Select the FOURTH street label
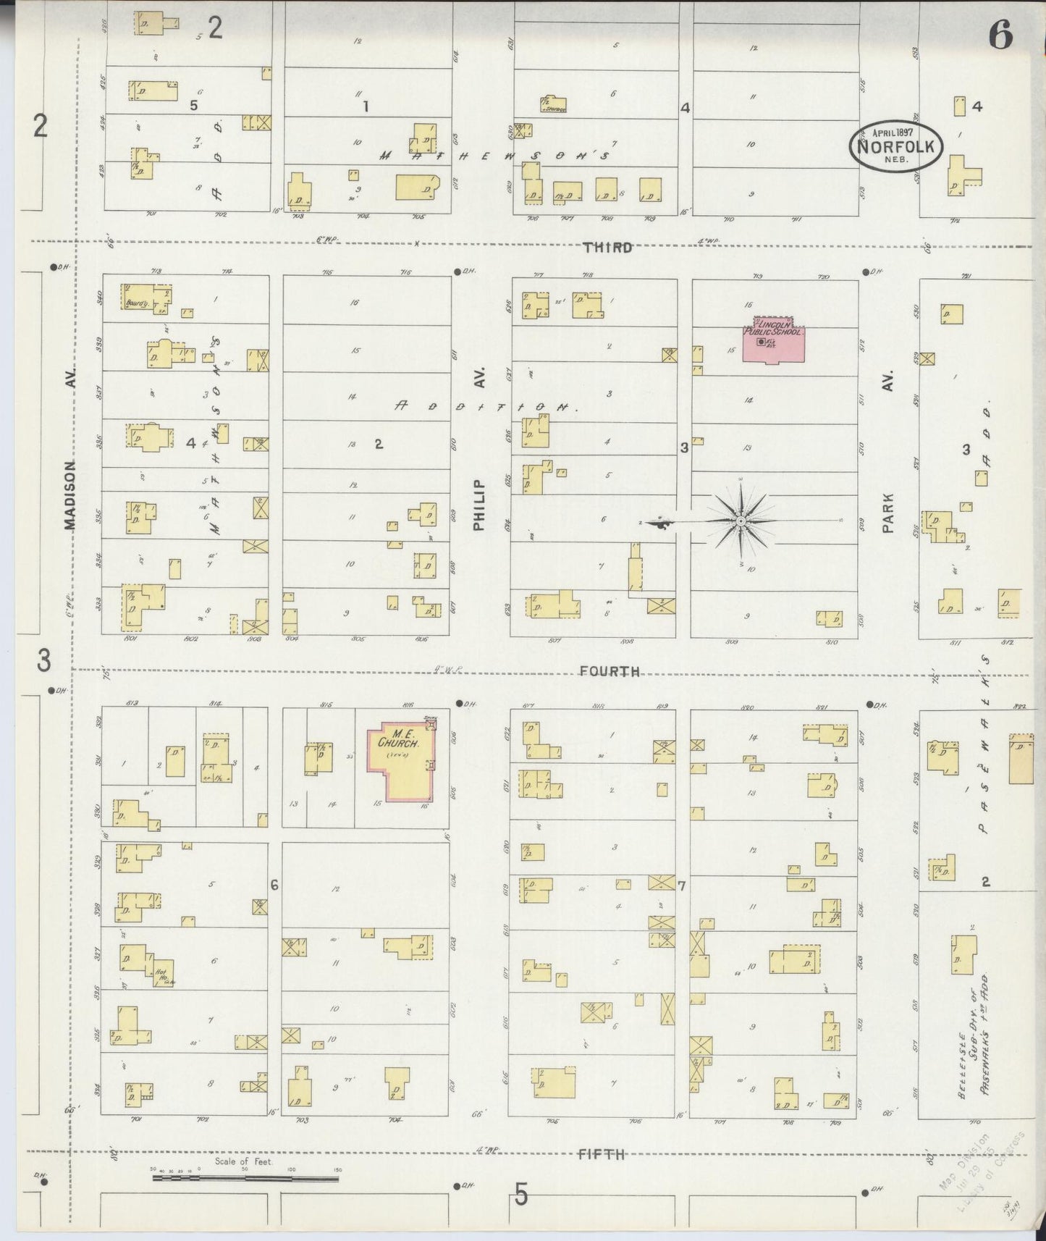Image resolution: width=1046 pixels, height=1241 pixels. tap(610, 671)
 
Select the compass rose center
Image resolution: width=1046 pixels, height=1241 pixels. tap(741, 521)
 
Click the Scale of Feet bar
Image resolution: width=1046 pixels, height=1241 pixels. tap(245, 1179)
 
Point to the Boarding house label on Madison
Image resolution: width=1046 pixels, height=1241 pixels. tap(138, 303)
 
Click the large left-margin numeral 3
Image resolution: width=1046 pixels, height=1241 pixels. tap(44, 660)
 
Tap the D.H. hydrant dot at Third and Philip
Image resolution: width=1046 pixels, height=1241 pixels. tap(458, 272)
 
